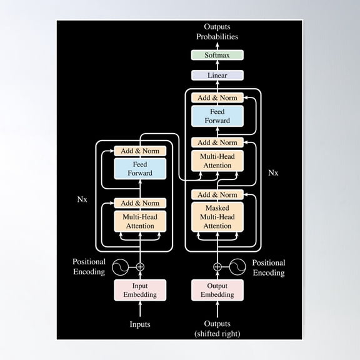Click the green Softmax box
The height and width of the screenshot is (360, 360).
tap(217, 55)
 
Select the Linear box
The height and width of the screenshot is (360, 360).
tap(217, 75)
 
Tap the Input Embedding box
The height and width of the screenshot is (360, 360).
tap(140, 290)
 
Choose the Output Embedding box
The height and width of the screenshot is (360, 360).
tap(217, 290)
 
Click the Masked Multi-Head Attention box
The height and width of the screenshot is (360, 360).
tap(217, 217)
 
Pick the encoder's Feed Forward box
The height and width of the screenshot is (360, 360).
tap(140, 169)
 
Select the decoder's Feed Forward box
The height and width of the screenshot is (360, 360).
tap(217, 116)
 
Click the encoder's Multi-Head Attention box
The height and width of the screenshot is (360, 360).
tap(140, 221)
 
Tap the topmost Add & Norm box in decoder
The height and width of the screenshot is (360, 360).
tap(217, 97)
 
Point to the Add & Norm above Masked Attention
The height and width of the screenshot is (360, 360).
tap(217, 195)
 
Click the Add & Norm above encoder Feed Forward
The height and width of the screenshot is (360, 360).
tap(140, 151)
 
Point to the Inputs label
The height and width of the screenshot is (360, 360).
tap(140, 324)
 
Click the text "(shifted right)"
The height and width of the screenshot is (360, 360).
tap(217, 334)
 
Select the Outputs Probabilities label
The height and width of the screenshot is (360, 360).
tap(217, 32)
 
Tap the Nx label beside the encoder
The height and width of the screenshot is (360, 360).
tap(82, 199)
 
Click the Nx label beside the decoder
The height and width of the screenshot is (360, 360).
tap(273, 172)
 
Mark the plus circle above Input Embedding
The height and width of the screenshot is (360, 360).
tap(140, 267)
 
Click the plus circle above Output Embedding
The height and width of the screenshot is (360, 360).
tap(217, 267)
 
